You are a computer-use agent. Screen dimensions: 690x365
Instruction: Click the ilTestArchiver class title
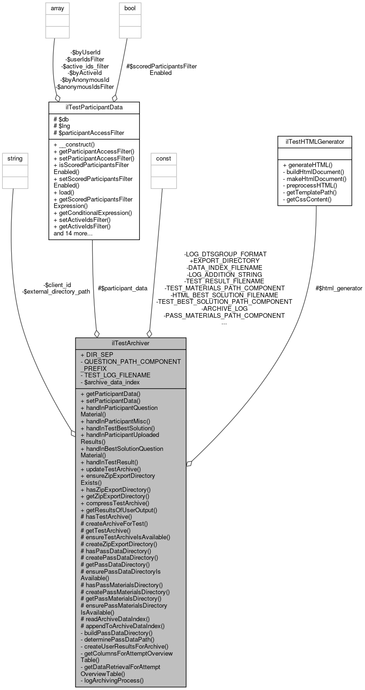[x=131, y=343]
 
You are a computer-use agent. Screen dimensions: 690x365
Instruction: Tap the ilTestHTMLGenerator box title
[x=315, y=142]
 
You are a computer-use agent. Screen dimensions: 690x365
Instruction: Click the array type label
[x=57, y=8]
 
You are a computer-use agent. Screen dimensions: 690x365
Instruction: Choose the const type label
[x=163, y=159]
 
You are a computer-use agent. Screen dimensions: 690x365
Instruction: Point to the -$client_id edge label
[x=57, y=285]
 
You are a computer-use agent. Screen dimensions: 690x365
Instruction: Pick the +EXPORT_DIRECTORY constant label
[x=224, y=261]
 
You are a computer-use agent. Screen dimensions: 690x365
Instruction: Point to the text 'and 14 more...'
[x=73, y=233]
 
